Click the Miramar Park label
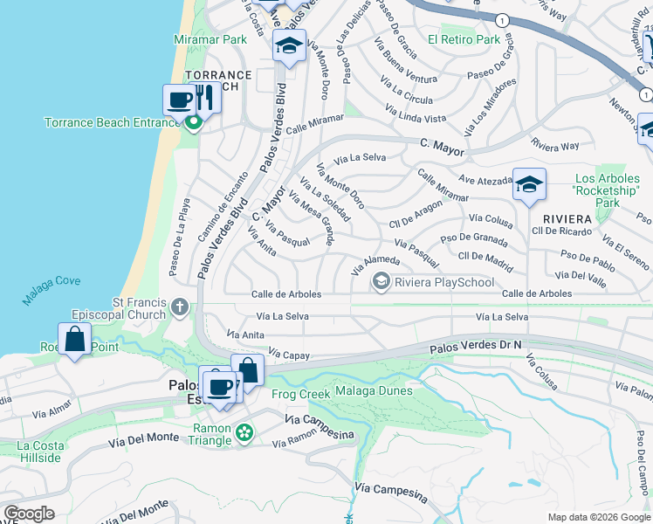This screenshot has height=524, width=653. [x=210, y=39]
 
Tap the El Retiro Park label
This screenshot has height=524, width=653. [x=464, y=39]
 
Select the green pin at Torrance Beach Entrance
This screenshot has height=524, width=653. [x=193, y=123]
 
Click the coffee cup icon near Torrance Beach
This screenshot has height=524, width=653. [x=180, y=100]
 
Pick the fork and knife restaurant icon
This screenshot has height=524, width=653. [x=204, y=98]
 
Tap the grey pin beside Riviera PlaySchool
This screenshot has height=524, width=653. [x=381, y=281]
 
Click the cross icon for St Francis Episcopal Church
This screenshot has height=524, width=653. [x=179, y=307]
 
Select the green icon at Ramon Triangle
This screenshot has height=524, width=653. [x=245, y=431]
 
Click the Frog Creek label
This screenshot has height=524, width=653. [x=301, y=394]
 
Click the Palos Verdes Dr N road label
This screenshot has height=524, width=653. [x=476, y=347]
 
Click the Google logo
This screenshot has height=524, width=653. [x=30, y=514]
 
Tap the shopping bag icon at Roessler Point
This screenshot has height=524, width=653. [x=75, y=339]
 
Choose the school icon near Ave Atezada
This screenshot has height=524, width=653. [x=529, y=184]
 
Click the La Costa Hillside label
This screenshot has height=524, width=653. [x=40, y=451]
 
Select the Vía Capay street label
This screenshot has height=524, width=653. [x=290, y=354]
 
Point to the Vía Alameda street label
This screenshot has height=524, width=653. [x=375, y=265]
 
